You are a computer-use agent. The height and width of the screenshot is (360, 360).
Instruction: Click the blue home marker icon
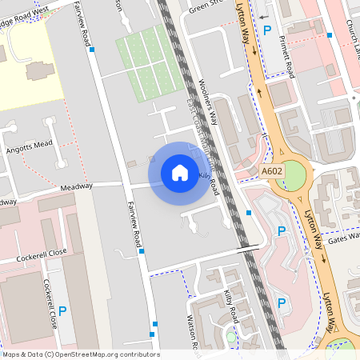pos(180,172)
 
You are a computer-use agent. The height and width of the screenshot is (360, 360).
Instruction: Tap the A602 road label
pos(272,170)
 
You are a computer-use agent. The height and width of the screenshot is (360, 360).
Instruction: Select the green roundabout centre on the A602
pos(294,176)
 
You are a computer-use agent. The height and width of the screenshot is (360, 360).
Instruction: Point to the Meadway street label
pos(77,186)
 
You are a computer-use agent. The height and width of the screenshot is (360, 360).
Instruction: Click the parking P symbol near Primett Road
pos(268,29)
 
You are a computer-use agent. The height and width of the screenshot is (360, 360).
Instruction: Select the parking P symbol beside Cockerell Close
pos(61,310)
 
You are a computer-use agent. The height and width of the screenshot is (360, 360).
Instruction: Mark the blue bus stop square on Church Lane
pos(330,35)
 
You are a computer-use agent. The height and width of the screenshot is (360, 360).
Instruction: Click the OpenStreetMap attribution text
pos(80,354)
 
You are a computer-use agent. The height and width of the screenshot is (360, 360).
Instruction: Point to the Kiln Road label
pos(210,178)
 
